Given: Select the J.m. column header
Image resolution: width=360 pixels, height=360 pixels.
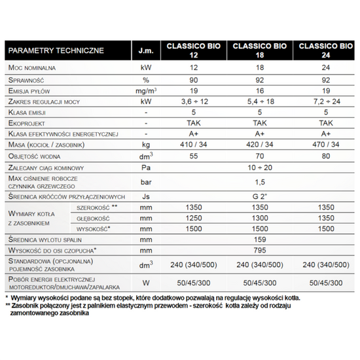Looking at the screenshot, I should (x=146, y=50).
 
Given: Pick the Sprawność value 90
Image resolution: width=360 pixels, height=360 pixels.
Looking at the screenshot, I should (x=194, y=79).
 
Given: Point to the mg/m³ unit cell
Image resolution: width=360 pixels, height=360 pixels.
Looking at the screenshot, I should (x=146, y=90).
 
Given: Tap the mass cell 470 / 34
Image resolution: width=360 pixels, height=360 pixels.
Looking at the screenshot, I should (x=325, y=144).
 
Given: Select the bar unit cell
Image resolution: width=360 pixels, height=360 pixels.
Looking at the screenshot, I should (x=146, y=182).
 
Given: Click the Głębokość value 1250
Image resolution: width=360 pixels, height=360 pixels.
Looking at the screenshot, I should (x=194, y=217).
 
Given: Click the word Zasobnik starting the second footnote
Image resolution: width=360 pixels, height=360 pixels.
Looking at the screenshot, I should (x=29, y=305).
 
